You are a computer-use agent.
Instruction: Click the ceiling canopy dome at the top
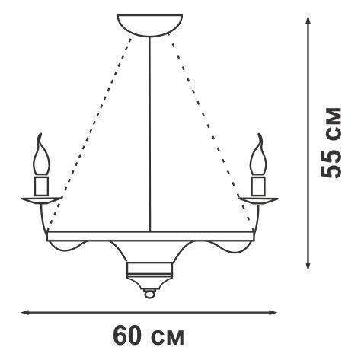coord(149,25)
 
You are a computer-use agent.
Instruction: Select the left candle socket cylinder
coord(42,186)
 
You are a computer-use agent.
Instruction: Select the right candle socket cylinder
coord(257,186)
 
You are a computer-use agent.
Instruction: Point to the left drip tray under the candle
coord(42,200)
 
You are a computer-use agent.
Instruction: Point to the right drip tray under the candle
coord(257,200)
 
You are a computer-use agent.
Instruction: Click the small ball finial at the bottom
coord(149,294)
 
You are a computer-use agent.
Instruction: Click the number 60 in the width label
coord(128,336)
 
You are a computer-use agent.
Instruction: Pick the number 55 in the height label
coord(331,165)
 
